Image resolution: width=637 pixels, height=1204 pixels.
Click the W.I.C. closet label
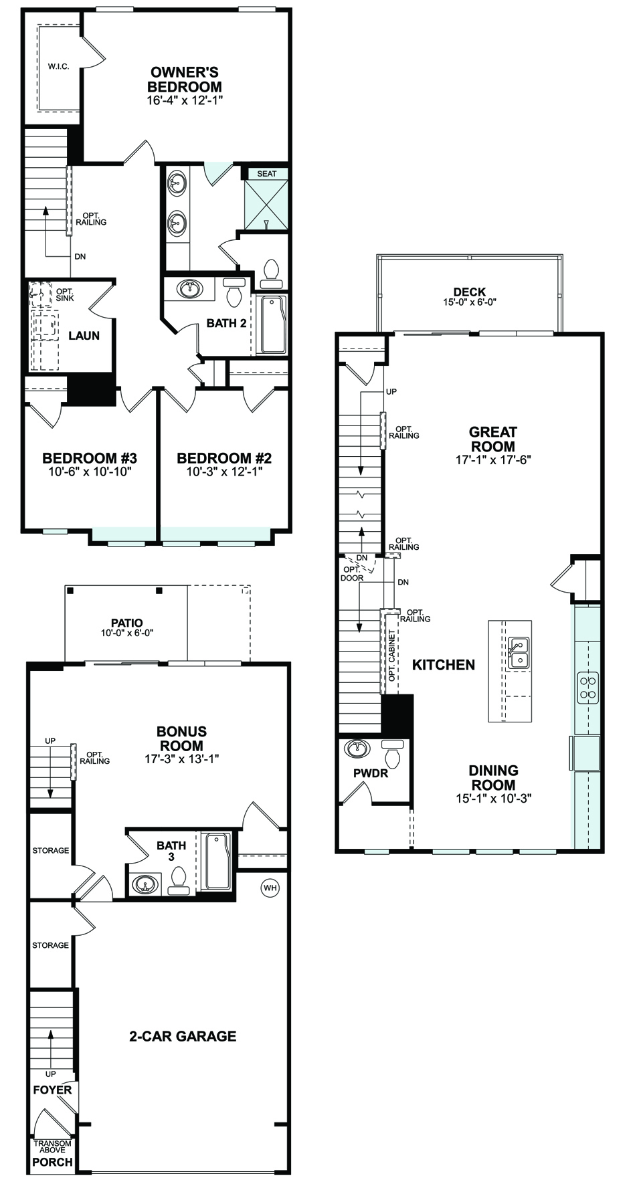pos(58,67)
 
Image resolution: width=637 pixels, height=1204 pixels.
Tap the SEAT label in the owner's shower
pos(266,174)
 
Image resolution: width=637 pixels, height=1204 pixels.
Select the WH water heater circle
pos(270,888)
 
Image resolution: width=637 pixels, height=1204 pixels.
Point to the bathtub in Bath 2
pos(272,324)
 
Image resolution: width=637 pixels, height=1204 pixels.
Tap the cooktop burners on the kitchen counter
pos(588,687)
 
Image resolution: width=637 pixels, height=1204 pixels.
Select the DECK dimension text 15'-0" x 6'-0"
pos(469,302)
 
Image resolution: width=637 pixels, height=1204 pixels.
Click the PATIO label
pos(127,623)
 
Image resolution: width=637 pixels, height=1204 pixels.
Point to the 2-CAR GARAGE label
pos(183,1036)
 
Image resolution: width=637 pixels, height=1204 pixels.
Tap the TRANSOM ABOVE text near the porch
pos(52,1147)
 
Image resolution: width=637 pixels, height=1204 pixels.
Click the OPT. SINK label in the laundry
pos(65,294)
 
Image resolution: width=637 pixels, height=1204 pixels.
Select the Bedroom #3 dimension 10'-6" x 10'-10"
pos(90,472)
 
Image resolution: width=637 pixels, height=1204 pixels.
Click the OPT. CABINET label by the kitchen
pos(392,656)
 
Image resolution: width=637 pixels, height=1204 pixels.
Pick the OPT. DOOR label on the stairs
pos(352,573)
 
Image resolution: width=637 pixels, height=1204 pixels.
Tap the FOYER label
pos(52,1090)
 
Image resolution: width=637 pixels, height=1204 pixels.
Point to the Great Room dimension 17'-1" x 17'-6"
pos(492,460)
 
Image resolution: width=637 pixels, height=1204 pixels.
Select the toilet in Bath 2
pos(234,291)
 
